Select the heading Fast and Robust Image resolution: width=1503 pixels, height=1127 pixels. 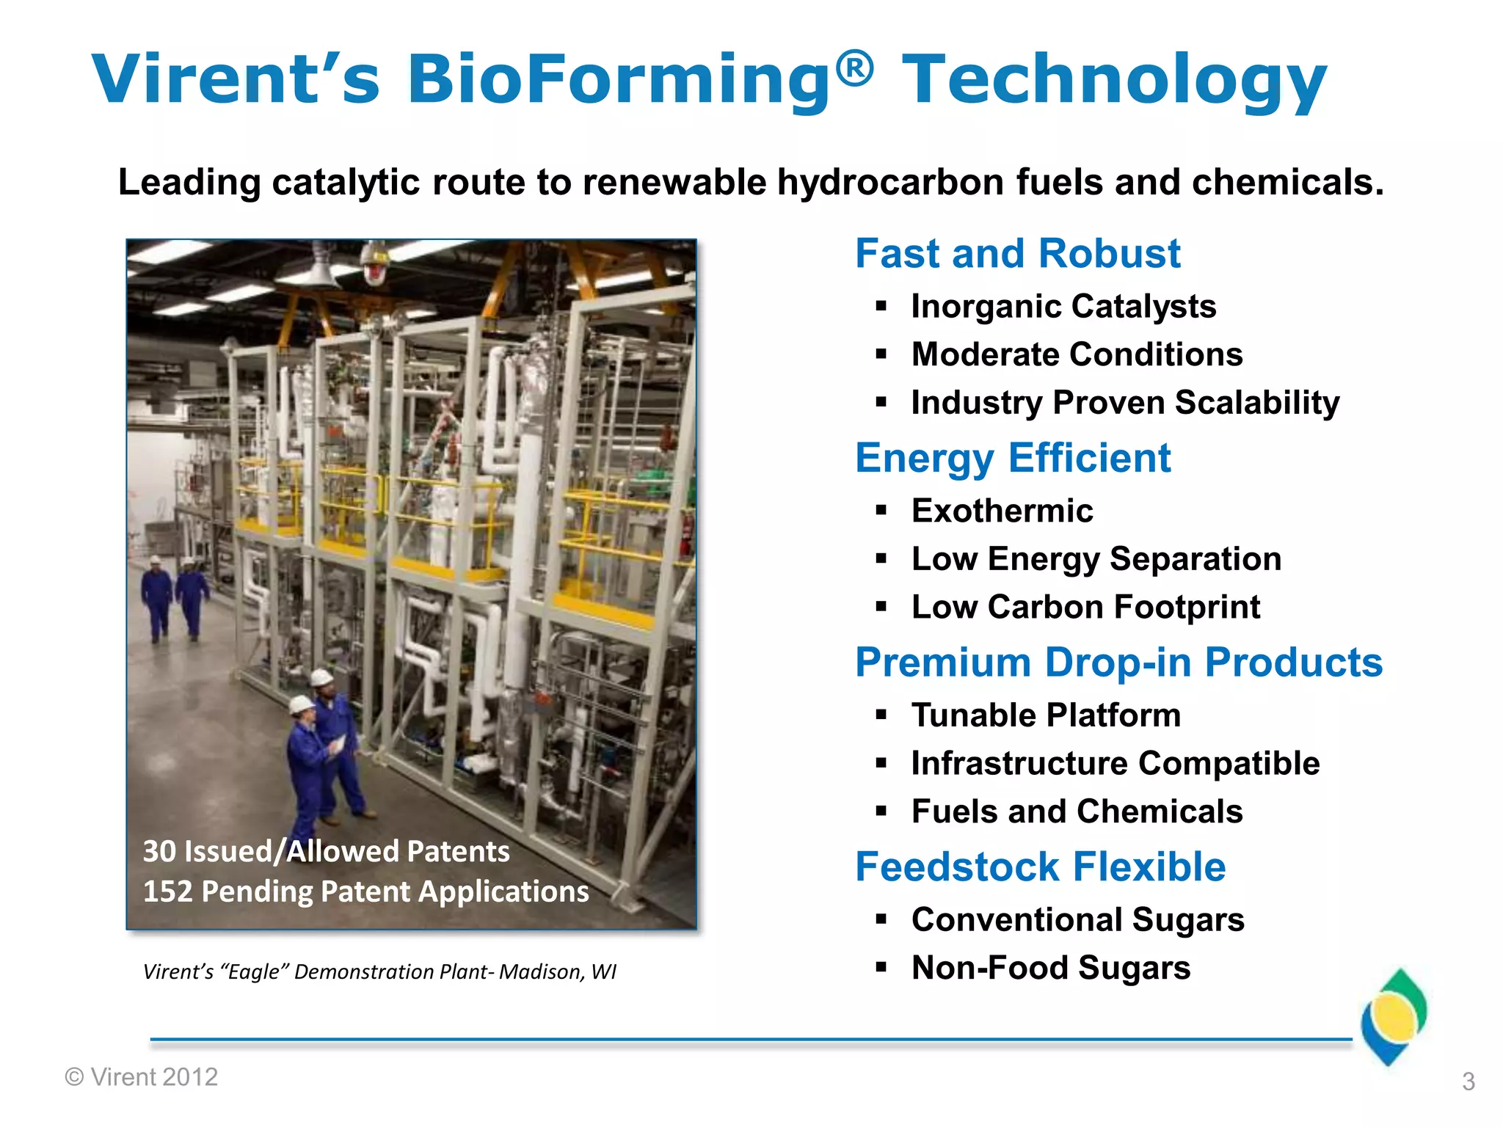(1017, 254)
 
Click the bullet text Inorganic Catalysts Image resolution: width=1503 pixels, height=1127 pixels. (1063, 307)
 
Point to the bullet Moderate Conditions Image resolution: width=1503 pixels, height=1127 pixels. (1077, 355)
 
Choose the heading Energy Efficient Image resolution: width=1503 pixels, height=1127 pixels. (1013, 459)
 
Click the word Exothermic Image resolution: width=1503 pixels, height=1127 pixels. (1002, 511)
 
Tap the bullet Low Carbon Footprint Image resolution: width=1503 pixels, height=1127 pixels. (1085, 608)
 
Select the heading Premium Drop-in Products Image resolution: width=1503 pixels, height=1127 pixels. (1118, 663)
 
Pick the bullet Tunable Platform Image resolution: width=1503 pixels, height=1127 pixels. (1046, 715)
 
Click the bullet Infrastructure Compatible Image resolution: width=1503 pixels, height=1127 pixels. (1115, 764)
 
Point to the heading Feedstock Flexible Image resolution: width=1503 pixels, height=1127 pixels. (1040, 867)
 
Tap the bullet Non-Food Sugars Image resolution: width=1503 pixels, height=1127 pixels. (1050, 968)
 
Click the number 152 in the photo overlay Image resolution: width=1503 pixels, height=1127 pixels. (167, 892)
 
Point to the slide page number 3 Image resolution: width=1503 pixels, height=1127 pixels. (1468, 1082)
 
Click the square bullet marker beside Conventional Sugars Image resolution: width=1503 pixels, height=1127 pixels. (881, 919)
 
